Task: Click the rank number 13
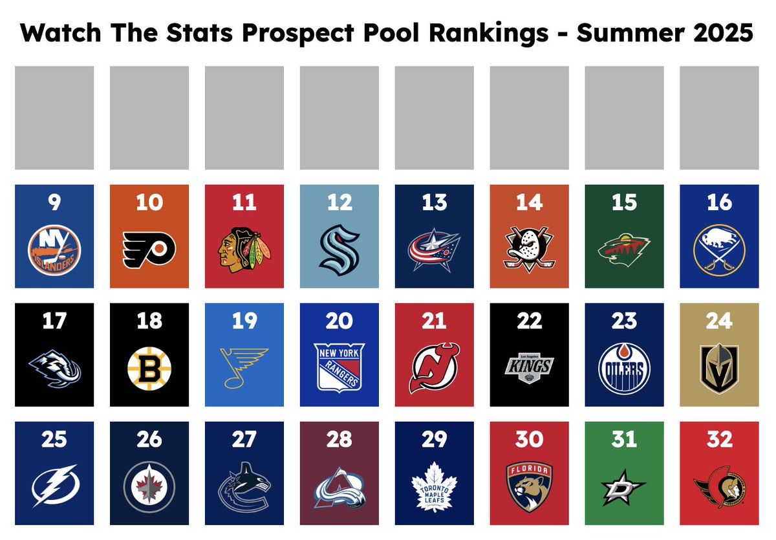tap(434, 202)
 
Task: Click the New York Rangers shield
tap(339, 367)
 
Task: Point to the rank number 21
tap(434, 321)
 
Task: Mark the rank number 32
tap(719, 440)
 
